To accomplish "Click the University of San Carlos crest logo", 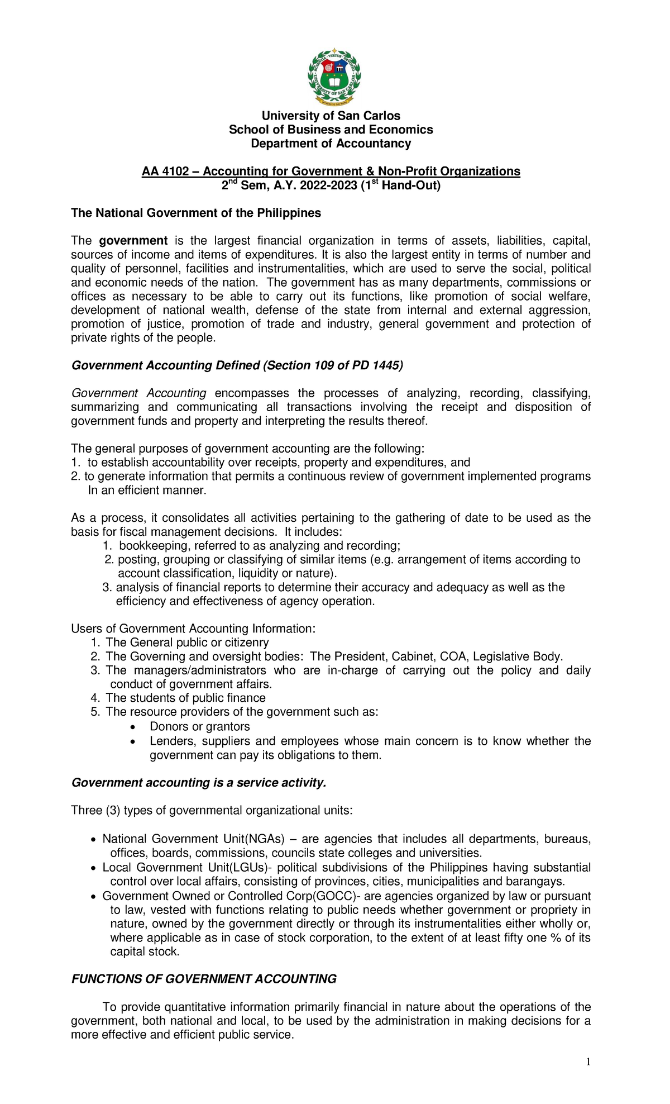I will click(x=334, y=77).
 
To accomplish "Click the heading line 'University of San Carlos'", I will click(x=331, y=116).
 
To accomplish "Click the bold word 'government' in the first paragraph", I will click(x=133, y=241).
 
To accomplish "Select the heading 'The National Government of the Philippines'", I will click(x=196, y=213).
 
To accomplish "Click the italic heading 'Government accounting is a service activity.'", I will click(x=198, y=783).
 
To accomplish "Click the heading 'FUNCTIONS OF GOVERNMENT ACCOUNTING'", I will click(x=204, y=979).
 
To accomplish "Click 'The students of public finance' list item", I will click(x=185, y=698).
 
